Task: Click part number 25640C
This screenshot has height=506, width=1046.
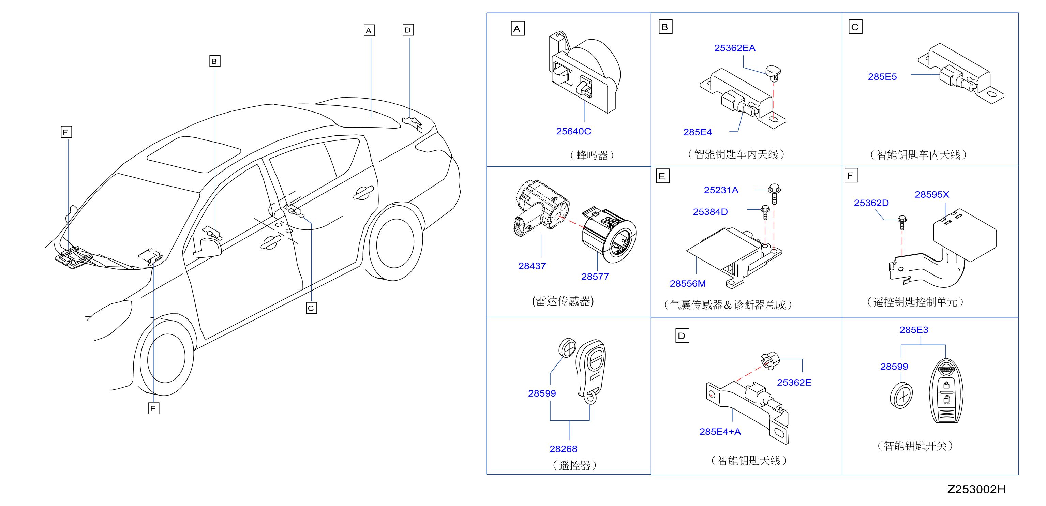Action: tap(573, 131)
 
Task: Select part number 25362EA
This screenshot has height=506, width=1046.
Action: tap(735, 48)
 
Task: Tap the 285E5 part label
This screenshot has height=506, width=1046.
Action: tap(882, 77)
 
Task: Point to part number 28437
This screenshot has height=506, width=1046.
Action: tap(532, 266)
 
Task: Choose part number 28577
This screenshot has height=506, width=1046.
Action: tap(595, 277)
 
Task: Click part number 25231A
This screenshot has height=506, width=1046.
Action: tap(721, 190)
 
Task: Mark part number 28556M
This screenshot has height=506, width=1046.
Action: tap(687, 283)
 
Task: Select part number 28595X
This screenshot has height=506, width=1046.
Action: tap(932, 194)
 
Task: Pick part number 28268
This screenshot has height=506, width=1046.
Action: tap(563, 449)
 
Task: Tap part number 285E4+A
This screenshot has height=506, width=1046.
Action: tap(720, 432)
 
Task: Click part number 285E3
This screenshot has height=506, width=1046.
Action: tap(914, 330)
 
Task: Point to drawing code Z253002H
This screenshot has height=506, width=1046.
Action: tap(976, 489)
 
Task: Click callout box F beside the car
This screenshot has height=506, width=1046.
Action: tap(66, 132)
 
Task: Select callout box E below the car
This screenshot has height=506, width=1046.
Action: tap(153, 408)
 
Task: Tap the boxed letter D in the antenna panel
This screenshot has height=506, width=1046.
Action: tap(682, 336)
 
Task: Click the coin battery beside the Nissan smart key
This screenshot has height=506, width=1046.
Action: tap(901, 395)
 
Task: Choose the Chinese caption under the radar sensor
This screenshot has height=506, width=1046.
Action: tap(563, 301)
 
